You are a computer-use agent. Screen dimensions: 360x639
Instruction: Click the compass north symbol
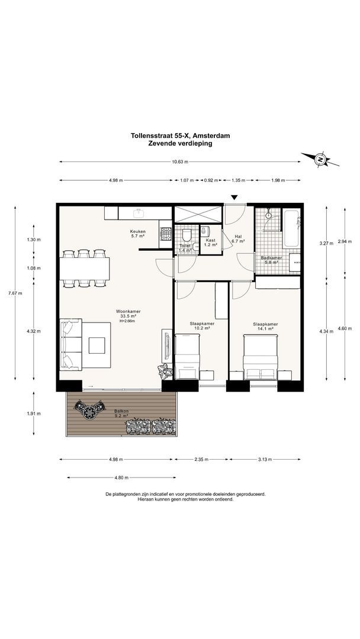(320, 160)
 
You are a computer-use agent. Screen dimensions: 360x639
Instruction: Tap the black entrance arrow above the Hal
(234, 198)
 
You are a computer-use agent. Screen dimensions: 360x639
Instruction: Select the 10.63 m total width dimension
(180, 162)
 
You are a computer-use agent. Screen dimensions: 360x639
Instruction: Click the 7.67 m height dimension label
(15, 293)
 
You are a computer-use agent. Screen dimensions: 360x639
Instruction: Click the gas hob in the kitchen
(166, 234)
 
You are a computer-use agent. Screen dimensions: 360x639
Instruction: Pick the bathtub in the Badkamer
(291, 228)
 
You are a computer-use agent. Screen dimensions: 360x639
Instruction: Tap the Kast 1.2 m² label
(210, 243)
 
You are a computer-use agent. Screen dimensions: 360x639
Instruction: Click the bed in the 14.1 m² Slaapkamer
(261, 357)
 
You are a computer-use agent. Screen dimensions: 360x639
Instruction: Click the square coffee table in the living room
(97, 345)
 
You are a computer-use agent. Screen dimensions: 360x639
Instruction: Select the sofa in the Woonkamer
(70, 345)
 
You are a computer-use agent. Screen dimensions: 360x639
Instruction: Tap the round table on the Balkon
(89, 412)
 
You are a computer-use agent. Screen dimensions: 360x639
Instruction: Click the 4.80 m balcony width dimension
(121, 477)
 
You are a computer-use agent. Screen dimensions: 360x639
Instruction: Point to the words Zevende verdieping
(180, 143)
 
